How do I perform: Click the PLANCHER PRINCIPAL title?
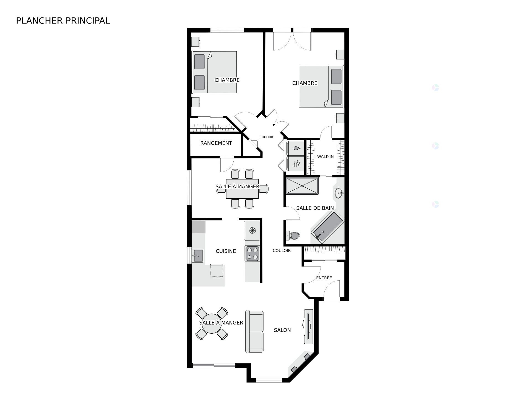click(63, 21)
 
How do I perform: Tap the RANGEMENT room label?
click(216, 143)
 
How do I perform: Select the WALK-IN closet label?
click(325, 156)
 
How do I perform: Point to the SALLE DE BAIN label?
click(315, 208)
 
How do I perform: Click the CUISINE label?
click(226, 251)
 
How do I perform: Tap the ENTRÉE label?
click(324, 278)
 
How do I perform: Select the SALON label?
click(282, 330)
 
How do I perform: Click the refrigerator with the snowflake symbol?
click(252, 230)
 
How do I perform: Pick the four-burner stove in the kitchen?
click(252, 254)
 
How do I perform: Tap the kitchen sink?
click(197, 256)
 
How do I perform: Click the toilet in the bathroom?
click(293, 236)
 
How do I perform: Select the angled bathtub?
click(327, 228)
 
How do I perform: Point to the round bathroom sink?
click(339, 193)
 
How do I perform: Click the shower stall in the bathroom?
click(302, 186)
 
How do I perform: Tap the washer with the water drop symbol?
click(295, 148)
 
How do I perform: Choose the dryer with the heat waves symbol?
click(295, 164)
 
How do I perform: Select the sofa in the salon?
click(254, 332)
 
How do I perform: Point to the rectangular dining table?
click(242, 189)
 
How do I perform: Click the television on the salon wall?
click(308, 327)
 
